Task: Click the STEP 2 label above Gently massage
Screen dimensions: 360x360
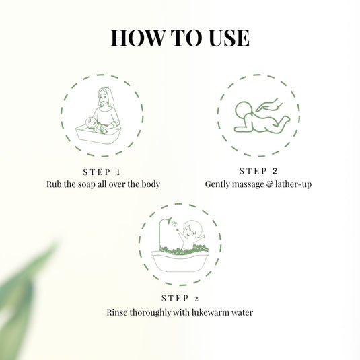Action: [258, 171]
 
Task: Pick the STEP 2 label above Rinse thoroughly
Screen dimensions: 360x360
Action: [180, 299]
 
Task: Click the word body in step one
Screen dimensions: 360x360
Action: [149, 184]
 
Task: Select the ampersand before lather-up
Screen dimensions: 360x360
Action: [273, 184]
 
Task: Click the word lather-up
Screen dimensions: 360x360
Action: [294, 184]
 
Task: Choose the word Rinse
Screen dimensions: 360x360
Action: [118, 312]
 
